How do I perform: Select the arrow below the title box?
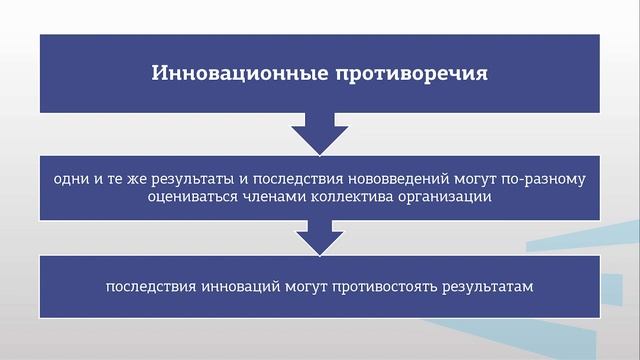coord(319,132)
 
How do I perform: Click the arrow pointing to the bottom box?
coord(319,238)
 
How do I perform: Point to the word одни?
coord(69,178)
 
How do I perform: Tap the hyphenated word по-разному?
coord(549,178)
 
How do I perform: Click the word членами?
coord(284,197)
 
